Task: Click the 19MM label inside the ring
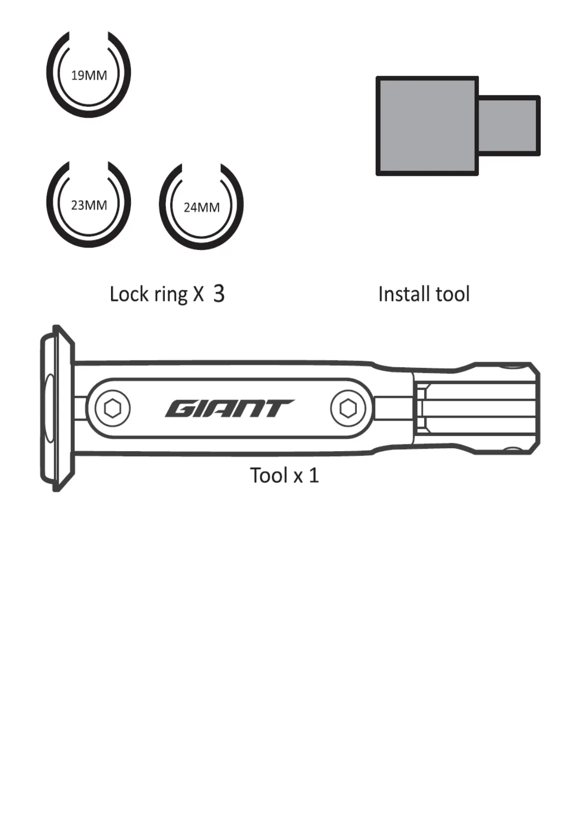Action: point(89,75)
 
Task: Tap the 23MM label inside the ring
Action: point(89,205)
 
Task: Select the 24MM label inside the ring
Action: point(201,207)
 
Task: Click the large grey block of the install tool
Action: point(427,126)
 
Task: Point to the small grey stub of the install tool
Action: point(508,126)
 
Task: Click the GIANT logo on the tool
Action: point(229,408)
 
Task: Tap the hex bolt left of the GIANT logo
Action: point(112,408)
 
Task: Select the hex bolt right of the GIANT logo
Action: point(348,408)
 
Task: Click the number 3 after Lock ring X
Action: point(219,294)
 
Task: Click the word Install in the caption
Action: point(404,294)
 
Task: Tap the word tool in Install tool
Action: point(452,294)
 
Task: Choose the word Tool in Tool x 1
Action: point(269,475)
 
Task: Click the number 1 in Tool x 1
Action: point(314,475)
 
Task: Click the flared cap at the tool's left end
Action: point(57,408)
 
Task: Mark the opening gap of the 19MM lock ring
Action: point(89,38)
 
